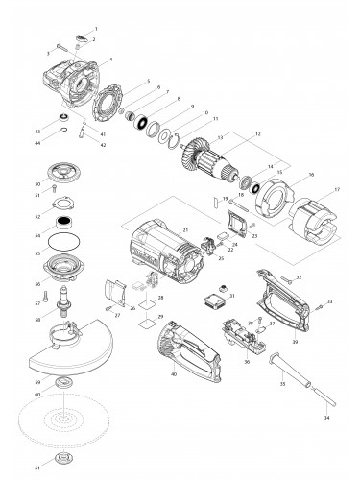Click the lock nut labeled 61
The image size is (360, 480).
(x=64, y=460)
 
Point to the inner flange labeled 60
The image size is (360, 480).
(x=65, y=385)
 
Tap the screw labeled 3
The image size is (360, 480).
(x=60, y=48)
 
